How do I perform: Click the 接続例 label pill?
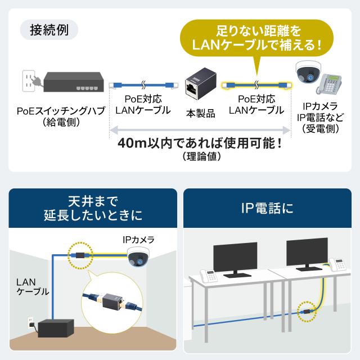coord(49,30)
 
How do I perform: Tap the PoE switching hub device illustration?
coord(74,82)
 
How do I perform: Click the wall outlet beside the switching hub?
coord(28,81)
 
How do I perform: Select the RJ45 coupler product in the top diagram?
coord(200,84)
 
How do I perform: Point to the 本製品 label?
coord(200,114)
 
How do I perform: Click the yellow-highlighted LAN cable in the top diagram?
coord(256,85)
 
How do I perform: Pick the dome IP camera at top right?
coord(308,73)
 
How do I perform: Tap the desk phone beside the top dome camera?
coord(328,84)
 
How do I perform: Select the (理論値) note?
coord(202,156)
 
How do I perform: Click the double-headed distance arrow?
coord(200,130)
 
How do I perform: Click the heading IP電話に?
coord(267,208)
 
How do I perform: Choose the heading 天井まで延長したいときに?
coord(93,208)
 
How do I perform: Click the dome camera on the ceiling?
coord(138,256)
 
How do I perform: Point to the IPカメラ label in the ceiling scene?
coord(138,240)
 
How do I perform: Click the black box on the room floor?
coord(56,328)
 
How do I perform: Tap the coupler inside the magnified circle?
coord(111,300)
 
